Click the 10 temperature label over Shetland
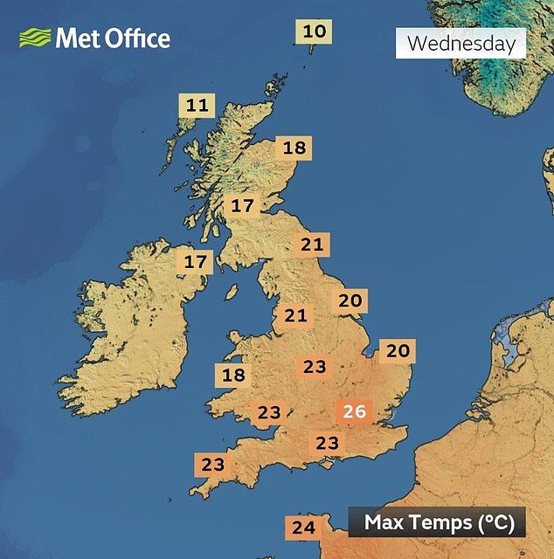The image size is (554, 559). point(315,33)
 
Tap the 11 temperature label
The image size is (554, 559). point(197,107)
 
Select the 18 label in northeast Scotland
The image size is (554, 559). point(294,148)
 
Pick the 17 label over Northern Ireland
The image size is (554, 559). point(196,261)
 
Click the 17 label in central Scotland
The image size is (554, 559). point(242,207)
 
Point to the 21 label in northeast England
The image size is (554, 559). point(312,245)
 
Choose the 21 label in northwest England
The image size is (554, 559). point(295,314)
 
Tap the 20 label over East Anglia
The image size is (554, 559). point(398,351)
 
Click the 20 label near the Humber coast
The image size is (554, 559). point(350,301)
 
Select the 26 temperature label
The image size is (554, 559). point(355,411)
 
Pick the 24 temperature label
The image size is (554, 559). point(303,528)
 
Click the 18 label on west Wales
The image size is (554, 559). point(233,376)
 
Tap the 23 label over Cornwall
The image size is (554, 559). point(212,465)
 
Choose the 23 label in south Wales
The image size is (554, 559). point(269,412)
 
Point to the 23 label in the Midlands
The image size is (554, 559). point(314,367)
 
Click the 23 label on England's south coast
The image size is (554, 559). point(327,444)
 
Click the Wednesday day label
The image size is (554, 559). point(461,43)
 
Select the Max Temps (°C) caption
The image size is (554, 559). point(437,523)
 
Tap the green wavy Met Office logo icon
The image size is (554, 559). point(34,38)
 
